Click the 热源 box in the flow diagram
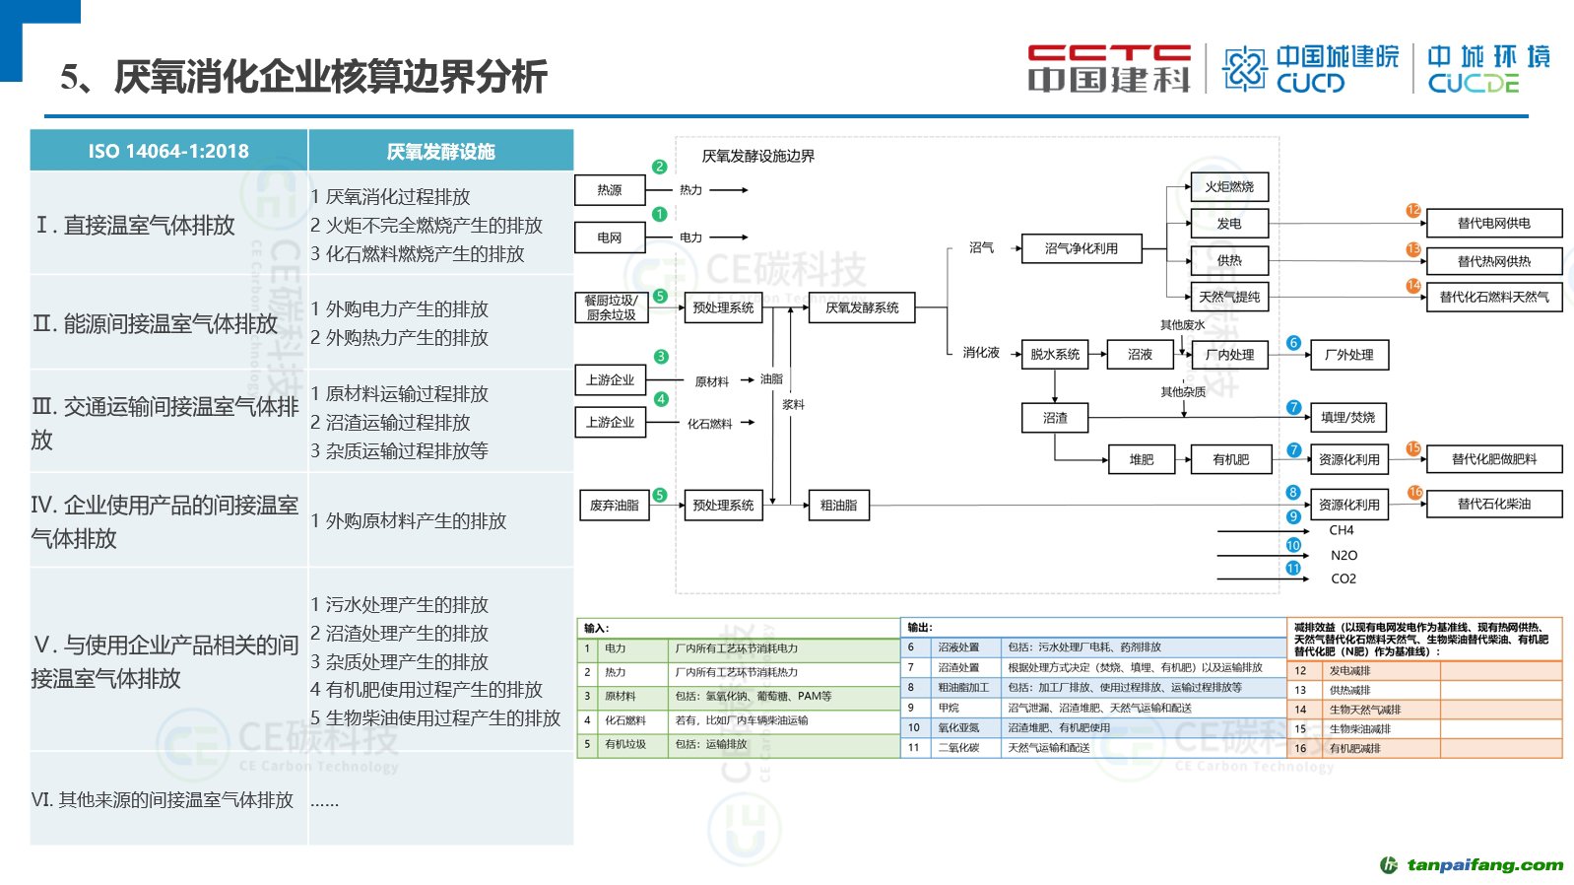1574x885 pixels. [609, 190]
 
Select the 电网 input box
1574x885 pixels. [609, 238]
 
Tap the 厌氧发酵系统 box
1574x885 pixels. [862, 307]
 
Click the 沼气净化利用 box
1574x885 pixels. [1081, 248]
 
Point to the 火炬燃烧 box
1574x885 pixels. [1228, 186]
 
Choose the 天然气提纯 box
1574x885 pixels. [1228, 297]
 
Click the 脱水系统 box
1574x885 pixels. [1054, 354]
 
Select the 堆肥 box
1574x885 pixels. [1141, 459]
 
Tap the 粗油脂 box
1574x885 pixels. [838, 505]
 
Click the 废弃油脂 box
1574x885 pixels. [614, 505]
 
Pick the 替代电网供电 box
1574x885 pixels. [1493, 224]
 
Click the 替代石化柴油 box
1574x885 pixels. [1493, 504]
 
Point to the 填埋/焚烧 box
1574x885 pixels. [1347, 417]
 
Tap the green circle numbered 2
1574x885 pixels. [660, 167]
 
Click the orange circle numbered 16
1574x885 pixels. [1414, 492]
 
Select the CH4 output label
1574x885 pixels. [1342, 530]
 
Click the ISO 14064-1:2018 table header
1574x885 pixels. [168, 151]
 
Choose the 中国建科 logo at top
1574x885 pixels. [1109, 68]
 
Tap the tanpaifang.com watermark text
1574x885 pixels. [1484, 865]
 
